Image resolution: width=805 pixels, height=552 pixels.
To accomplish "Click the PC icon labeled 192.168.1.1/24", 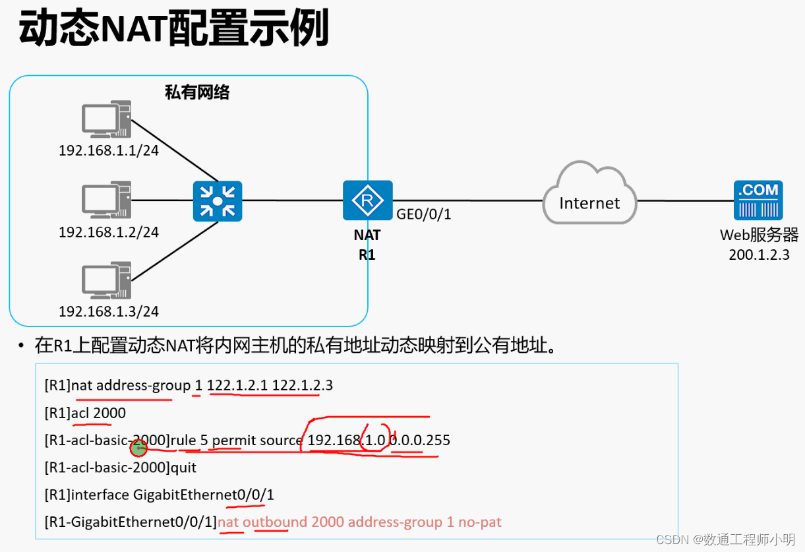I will point(106,119).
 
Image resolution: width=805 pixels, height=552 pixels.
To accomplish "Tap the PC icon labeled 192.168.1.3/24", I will point(106,281).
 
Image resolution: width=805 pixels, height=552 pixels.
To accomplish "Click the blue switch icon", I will point(218,201).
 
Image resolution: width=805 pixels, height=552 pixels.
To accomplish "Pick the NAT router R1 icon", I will point(367,200).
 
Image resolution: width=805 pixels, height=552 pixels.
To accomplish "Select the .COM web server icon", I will point(758,200).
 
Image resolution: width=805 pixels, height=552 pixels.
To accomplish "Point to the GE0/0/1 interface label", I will point(423,214).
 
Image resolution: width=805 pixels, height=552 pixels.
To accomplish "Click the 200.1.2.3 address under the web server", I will point(759,255).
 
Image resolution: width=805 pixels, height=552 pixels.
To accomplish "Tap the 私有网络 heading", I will point(197,92).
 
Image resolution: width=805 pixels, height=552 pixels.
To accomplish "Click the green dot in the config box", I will point(138,448).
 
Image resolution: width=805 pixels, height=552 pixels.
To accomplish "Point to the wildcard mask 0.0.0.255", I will point(420,440).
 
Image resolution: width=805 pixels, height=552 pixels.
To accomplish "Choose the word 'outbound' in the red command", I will point(275,522).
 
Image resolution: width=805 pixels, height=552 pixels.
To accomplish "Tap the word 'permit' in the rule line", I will point(234,440).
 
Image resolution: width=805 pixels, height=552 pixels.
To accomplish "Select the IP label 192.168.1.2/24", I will point(109,232).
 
